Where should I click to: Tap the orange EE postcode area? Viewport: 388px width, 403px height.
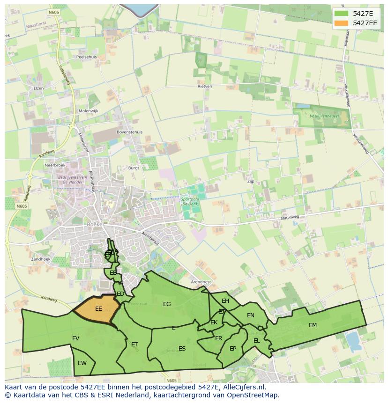[x=96, y=310]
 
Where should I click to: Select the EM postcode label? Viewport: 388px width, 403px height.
[x=313, y=325]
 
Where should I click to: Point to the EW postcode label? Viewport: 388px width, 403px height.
[x=82, y=363]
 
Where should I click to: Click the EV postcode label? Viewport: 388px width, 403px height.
[x=75, y=338]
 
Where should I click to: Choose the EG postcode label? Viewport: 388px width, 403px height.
[x=167, y=304]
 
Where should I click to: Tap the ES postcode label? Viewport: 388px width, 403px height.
[x=182, y=349]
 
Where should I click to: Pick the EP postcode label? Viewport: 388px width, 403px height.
[x=233, y=349]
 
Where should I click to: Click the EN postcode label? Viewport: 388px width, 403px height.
[x=251, y=315]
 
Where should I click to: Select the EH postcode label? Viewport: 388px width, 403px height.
[x=225, y=301]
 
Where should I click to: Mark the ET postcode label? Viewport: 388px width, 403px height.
[x=134, y=344]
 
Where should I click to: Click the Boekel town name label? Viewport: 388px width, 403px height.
[x=95, y=224]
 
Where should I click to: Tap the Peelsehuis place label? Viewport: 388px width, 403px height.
[x=86, y=57]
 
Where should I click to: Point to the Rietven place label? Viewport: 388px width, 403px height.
[x=205, y=86]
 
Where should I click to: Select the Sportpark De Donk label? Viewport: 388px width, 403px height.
[x=191, y=202]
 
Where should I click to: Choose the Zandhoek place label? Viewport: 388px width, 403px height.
[x=40, y=259]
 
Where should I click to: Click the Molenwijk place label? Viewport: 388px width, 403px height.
[x=88, y=111]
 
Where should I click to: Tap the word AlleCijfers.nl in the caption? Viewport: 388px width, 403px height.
[x=244, y=387]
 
